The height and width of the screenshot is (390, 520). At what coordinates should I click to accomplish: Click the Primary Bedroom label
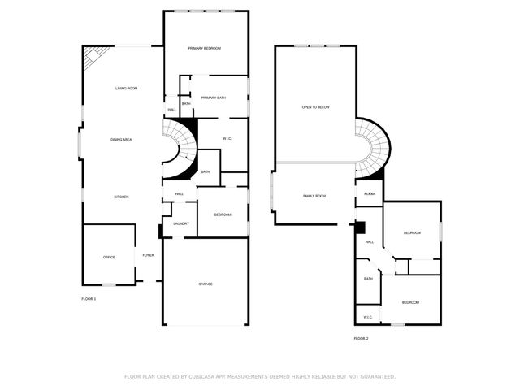point(204,49)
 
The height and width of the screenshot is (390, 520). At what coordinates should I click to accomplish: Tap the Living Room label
point(125,88)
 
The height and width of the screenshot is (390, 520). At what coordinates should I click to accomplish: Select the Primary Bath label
point(213,97)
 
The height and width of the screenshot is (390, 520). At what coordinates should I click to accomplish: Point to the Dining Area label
point(121,140)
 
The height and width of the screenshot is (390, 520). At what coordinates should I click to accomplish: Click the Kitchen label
point(121,197)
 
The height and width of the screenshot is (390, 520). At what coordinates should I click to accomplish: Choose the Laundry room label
point(180,223)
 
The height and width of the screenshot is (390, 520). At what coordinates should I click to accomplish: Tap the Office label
point(109,258)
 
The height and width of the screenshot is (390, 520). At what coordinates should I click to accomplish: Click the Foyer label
point(148,255)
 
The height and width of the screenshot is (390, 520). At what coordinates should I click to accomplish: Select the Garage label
point(206,284)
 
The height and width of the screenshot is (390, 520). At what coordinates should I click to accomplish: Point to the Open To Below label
point(316,107)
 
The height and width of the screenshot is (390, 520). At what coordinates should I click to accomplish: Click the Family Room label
point(314,196)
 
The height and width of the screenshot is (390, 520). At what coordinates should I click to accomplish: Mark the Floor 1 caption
point(89,299)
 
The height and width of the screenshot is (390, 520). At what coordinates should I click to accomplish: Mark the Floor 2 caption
point(361,338)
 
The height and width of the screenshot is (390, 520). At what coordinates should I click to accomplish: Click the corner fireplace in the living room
point(92,55)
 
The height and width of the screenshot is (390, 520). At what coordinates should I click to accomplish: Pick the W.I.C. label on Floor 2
point(367,317)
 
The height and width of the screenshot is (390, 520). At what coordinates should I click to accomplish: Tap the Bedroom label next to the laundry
point(223,214)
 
